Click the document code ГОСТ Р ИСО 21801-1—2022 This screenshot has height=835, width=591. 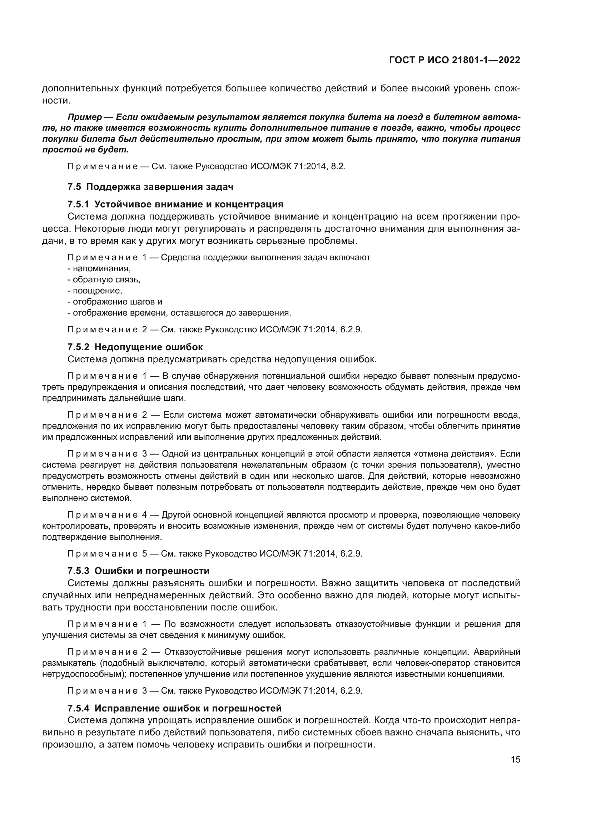(x=455, y=60)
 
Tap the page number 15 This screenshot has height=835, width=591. (x=515, y=760)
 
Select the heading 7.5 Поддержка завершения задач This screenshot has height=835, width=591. (x=150, y=187)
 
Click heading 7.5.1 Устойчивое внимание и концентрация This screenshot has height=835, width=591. (x=175, y=204)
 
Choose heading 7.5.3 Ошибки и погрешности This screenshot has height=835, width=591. (x=139, y=570)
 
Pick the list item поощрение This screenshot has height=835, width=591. (x=97, y=291)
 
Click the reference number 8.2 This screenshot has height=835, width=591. (x=338, y=167)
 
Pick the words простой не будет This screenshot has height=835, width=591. (x=85, y=150)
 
